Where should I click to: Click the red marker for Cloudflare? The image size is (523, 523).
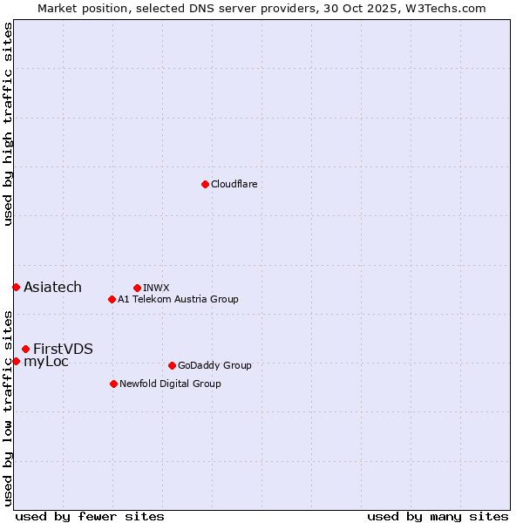click(205, 184)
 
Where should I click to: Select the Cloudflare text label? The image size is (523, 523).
click(234, 185)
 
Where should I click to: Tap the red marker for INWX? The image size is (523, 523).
click(137, 288)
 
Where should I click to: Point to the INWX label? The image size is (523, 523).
click(156, 288)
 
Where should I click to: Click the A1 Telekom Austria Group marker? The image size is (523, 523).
click(112, 299)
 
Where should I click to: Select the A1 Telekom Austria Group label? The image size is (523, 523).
click(178, 300)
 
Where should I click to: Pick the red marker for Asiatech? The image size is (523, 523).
click(16, 287)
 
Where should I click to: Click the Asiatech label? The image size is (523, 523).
click(52, 288)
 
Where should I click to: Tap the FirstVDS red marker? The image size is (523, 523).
click(25, 349)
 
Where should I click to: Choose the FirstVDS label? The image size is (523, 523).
click(63, 350)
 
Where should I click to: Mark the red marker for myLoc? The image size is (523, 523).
click(16, 361)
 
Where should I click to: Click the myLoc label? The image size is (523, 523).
click(46, 362)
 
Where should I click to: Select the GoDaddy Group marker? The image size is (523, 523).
click(172, 365)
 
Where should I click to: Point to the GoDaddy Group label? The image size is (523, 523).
click(214, 366)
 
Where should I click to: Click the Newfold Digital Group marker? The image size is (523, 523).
click(113, 384)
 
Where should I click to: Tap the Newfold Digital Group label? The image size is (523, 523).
click(170, 384)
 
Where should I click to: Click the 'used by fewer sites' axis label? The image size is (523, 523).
click(90, 516)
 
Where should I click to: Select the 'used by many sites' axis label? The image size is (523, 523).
click(438, 516)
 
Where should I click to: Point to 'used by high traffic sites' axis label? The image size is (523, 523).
click(8, 124)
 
